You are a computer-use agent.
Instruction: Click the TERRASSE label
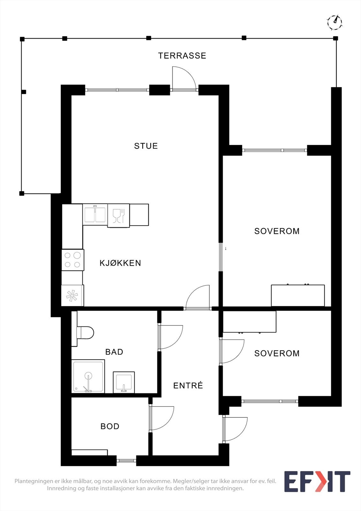(x=182, y=56)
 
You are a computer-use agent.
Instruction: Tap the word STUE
(x=146, y=146)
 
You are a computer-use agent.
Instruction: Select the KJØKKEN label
(x=120, y=263)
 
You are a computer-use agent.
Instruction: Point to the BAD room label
(x=114, y=352)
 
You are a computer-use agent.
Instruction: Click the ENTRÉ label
(x=188, y=385)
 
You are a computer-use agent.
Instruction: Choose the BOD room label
(x=110, y=426)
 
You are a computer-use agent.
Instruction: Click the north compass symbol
(x=335, y=22)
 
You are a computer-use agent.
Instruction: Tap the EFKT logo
(x=317, y=482)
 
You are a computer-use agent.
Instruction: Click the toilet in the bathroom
(x=85, y=333)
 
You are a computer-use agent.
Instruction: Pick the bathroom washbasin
(x=124, y=382)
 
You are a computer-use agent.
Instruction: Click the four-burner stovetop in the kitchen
(x=73, y=260)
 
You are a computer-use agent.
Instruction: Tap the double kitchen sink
(x=95, y=215)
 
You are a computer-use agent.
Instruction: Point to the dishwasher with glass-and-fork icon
(x=118, y=216)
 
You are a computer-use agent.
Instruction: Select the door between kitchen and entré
(x=198, y=297)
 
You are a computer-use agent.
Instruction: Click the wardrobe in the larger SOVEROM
(x=298, y=295)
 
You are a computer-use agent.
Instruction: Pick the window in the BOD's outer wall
(x=126, y=461)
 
